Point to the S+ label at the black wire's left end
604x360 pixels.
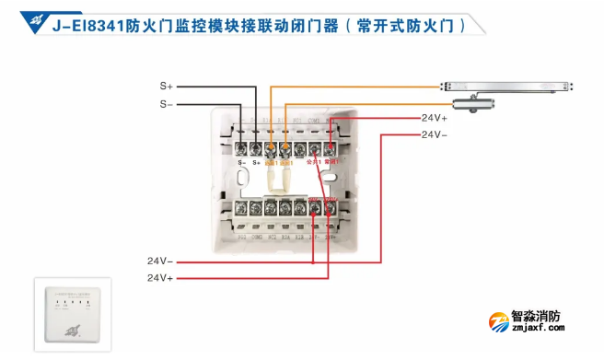click(x=166, y=86)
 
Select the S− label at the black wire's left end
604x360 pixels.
click(x=166, y=104)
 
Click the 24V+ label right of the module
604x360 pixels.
click(x=435, y=118)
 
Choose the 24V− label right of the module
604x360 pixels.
click(x=435, y=134)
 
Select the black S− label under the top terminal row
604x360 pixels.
click(x=242, y=162)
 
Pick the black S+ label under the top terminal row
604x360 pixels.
click(x=256, y=162)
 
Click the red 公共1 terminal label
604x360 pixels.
click(x=314, y=162)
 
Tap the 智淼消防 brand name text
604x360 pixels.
click(x=536, y=315)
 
